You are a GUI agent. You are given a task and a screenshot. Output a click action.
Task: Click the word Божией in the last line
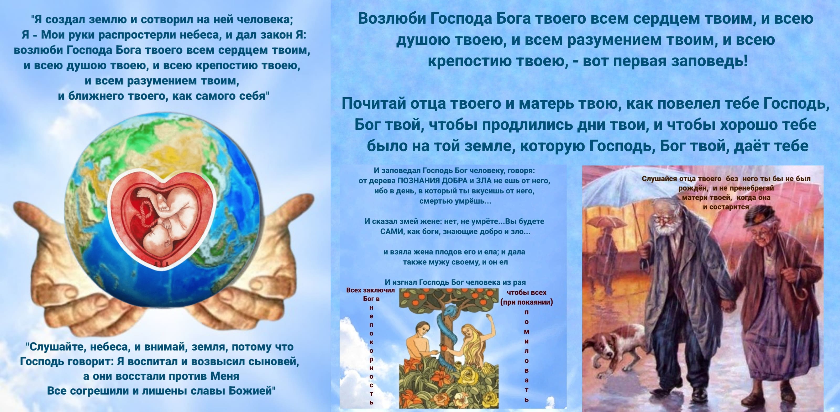[x=252, y=390]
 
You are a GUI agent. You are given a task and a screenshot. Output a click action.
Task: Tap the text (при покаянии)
[x=527, y=302]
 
